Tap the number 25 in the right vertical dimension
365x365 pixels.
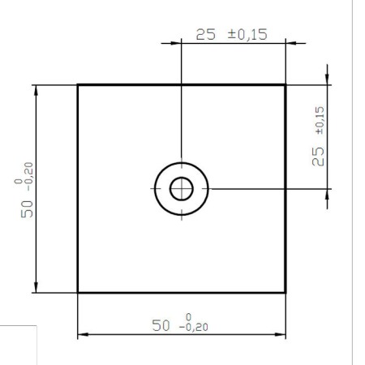click(319, 156)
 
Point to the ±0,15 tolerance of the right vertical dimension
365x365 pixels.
click(319, 121)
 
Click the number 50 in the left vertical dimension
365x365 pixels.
click(28, 208)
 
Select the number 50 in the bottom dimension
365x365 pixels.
click(162, 325)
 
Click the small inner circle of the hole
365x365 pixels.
click(181, 188)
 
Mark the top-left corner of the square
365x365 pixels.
click(78, 84)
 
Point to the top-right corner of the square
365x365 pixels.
click(286, 84)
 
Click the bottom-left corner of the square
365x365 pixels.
click(78, 292)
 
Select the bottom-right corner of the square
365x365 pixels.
click(286, 292)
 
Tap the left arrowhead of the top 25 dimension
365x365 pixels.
click(186, 42)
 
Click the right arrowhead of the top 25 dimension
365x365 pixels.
click(281, 42)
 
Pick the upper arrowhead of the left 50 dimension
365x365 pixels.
click(36, 90)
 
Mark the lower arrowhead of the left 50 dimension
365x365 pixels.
click(36, 286)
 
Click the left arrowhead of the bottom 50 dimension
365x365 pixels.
click(83, 334)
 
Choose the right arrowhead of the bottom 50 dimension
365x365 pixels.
click(281, 334)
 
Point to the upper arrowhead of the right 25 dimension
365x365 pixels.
click(327, 79)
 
